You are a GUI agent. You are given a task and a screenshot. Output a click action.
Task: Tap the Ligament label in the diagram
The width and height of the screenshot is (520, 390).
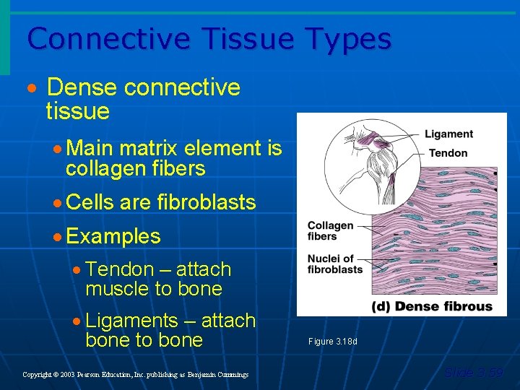coord(448,134)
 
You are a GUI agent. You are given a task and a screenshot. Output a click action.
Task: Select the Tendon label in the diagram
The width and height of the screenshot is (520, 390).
coord(448,153)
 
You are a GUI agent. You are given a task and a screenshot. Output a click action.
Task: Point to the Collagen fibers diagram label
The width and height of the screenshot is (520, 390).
coord(330,230)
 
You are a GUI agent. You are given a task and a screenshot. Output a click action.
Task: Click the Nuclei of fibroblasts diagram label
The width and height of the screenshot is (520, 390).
coord(334,264)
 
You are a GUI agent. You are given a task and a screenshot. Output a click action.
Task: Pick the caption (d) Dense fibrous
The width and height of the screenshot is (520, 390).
coord(432,306)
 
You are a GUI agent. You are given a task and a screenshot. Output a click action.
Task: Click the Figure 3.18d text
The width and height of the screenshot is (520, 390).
coord(332,341)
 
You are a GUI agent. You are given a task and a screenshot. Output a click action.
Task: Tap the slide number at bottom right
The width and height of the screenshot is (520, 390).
coord(473,373)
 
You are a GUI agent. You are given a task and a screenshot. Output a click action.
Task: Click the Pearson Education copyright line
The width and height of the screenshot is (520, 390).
coord(135,375)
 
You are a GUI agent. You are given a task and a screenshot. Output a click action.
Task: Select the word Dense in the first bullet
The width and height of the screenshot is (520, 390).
coord(82,87)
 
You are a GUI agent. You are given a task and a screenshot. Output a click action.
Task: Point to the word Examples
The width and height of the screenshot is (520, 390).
coord(113,236)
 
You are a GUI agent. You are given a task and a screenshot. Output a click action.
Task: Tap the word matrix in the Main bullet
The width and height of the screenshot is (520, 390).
coord(149,149)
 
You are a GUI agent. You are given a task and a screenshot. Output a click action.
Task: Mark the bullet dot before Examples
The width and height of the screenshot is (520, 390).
coord(57,237)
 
